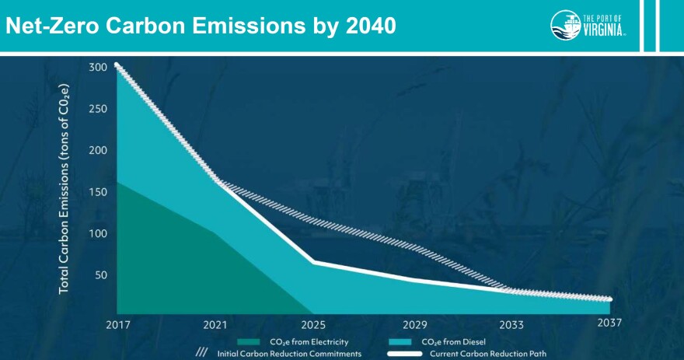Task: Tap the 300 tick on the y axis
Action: click(x=98, y=68)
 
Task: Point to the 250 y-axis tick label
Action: click(x=98, y=109)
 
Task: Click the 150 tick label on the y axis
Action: click(x=98, y=192)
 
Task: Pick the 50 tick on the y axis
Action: click(x=101, y=275)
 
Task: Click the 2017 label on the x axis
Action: click(x=117, y=324)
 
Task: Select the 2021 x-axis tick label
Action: click(x=215, y=324)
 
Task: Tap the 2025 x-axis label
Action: click(x=314, y=324)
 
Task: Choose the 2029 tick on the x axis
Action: click(x=413, y=324)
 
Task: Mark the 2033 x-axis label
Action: click(x=511, y=324)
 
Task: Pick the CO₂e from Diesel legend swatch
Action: click(x=403, y=341)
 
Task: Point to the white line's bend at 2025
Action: click(x=314, y=262)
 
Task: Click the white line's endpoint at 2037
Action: click(x=610, y=299)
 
